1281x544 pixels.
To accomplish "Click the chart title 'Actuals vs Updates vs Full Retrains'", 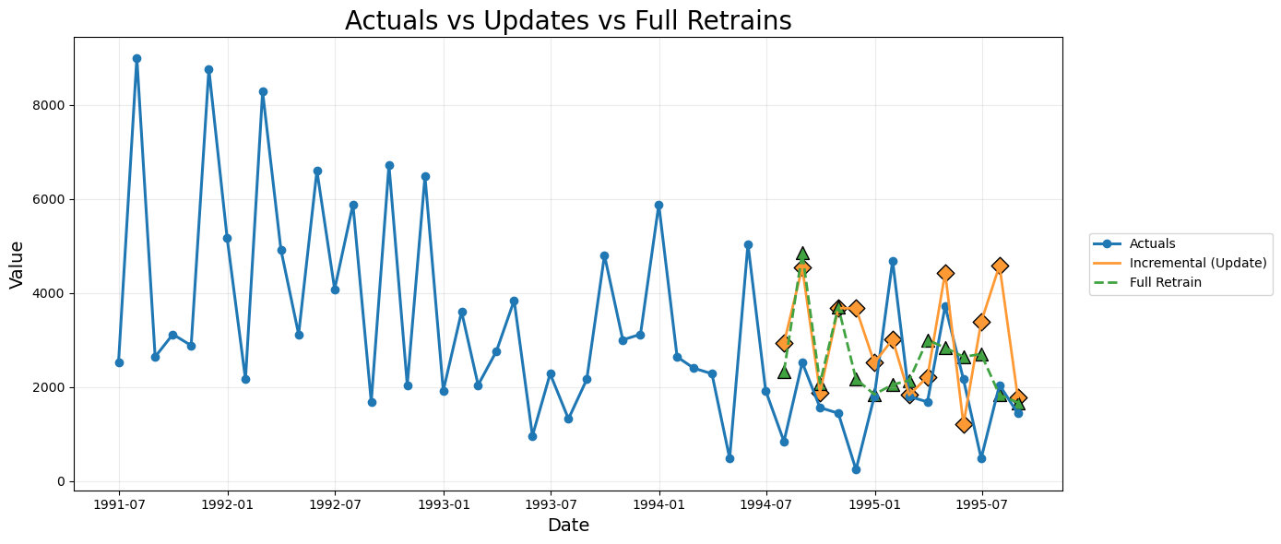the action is click(x=568, y=20).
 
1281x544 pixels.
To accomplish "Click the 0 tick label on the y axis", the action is click(x=62, y=481).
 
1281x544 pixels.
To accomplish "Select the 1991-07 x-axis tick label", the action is click(x=119, y=504).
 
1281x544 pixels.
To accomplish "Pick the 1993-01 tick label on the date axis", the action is click(x=444, y=504).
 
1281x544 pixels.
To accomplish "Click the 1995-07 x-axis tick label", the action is click(x=982, y=504).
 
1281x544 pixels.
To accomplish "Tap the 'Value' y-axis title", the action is click(x=17, y=265).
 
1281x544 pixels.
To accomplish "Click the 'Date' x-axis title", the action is click(x=568, y=526).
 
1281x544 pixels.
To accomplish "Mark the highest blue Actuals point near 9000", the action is click(x=136, y=59).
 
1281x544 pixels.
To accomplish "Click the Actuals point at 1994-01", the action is click(x=658, y=206).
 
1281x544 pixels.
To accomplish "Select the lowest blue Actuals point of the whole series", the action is click(x=856, y=469).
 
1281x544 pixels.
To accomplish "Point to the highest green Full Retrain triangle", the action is click(x=802, y=254).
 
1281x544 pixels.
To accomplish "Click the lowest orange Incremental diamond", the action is click(x=964, y=424).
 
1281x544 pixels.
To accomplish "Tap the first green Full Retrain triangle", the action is click(x=784, y=372).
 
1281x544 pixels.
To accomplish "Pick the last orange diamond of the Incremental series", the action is click(x=1018, y=397).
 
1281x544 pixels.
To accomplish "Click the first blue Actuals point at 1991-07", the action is click(x=119, y=362).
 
